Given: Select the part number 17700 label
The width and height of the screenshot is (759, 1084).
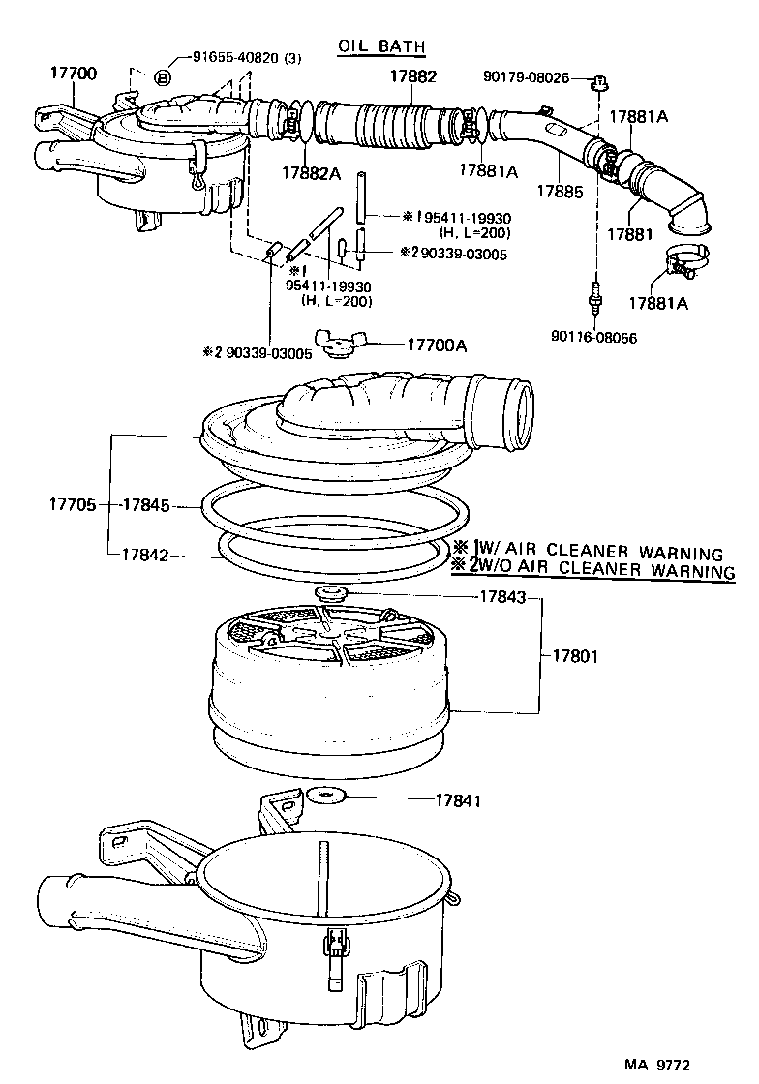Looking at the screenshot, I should click(73, 74).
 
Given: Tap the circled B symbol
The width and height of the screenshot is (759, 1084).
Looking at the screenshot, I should click(163, 78).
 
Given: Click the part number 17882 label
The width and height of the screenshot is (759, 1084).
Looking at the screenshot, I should click(413, 75).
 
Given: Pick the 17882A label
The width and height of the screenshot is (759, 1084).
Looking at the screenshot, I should click(312, 172).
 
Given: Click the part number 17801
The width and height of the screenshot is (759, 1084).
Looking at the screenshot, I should click(575, 656).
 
